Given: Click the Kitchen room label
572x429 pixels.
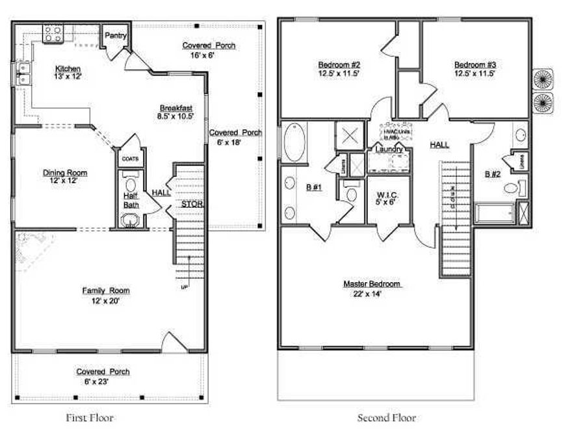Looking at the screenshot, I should [68, 68].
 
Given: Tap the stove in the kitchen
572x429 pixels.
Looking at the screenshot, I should [53, 33].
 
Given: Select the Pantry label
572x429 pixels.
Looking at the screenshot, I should [115, 36].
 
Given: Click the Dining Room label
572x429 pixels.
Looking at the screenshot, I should [65, 173].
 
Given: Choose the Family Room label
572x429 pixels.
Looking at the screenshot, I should [105, 291].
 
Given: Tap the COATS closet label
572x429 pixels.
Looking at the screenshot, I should [129, 158].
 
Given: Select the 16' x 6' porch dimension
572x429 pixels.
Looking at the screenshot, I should [209, 55].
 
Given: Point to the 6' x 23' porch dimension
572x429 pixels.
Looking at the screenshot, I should [103, 381].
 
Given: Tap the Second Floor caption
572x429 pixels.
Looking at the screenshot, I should [387, 417].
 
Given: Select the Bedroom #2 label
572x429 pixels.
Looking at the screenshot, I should [339, 65].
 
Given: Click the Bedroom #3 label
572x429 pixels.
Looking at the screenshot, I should [475, 65].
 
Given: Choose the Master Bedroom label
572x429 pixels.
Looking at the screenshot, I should [372, 284].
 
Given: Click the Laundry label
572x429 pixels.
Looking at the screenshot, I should [389, 149].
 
